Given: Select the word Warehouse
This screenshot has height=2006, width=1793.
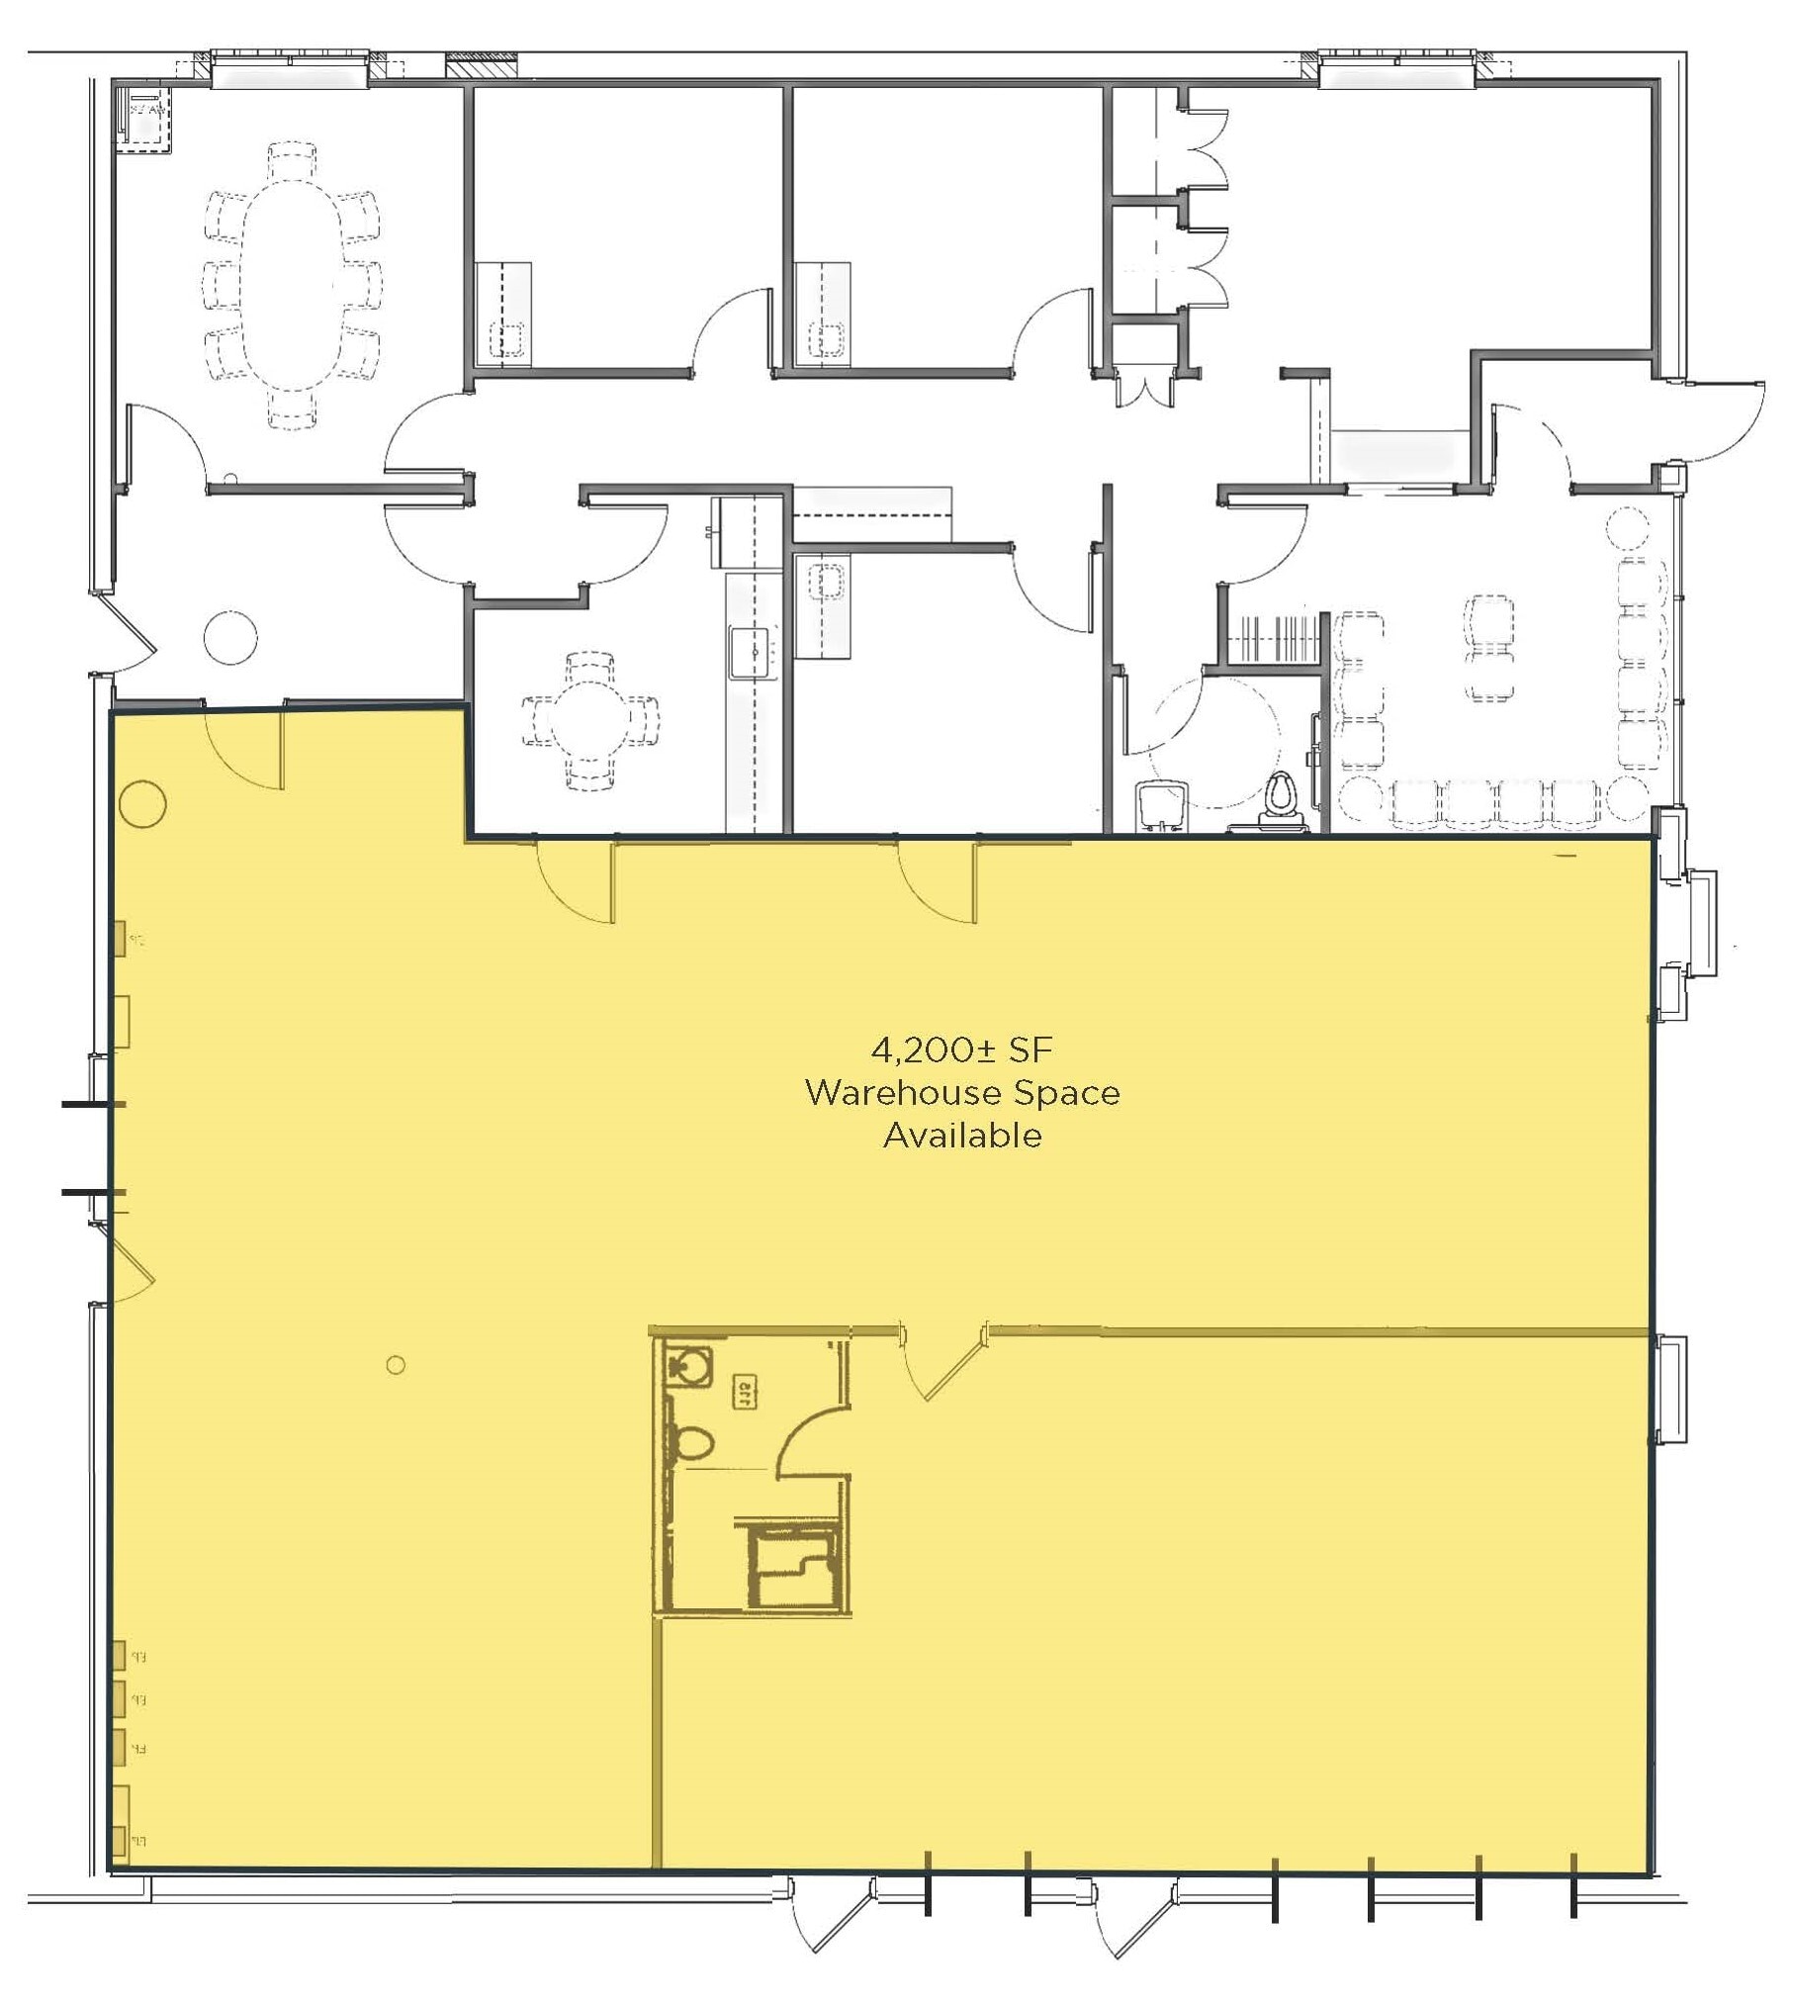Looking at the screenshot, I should coord(892,1093).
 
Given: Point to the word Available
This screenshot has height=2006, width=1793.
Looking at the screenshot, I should coord(962,1136).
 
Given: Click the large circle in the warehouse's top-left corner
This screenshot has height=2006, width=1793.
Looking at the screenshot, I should coord(142,803).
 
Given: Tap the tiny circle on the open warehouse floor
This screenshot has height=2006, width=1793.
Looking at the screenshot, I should coord(396,1365).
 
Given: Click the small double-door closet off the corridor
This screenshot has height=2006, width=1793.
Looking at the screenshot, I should coord(1146,385).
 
